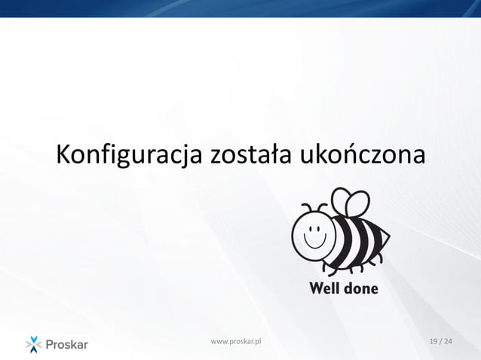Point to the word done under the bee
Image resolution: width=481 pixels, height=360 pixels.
360,288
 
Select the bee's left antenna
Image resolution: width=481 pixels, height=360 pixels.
305,206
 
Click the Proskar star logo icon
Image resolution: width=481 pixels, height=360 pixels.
35,344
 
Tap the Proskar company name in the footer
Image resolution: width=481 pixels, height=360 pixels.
68,345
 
